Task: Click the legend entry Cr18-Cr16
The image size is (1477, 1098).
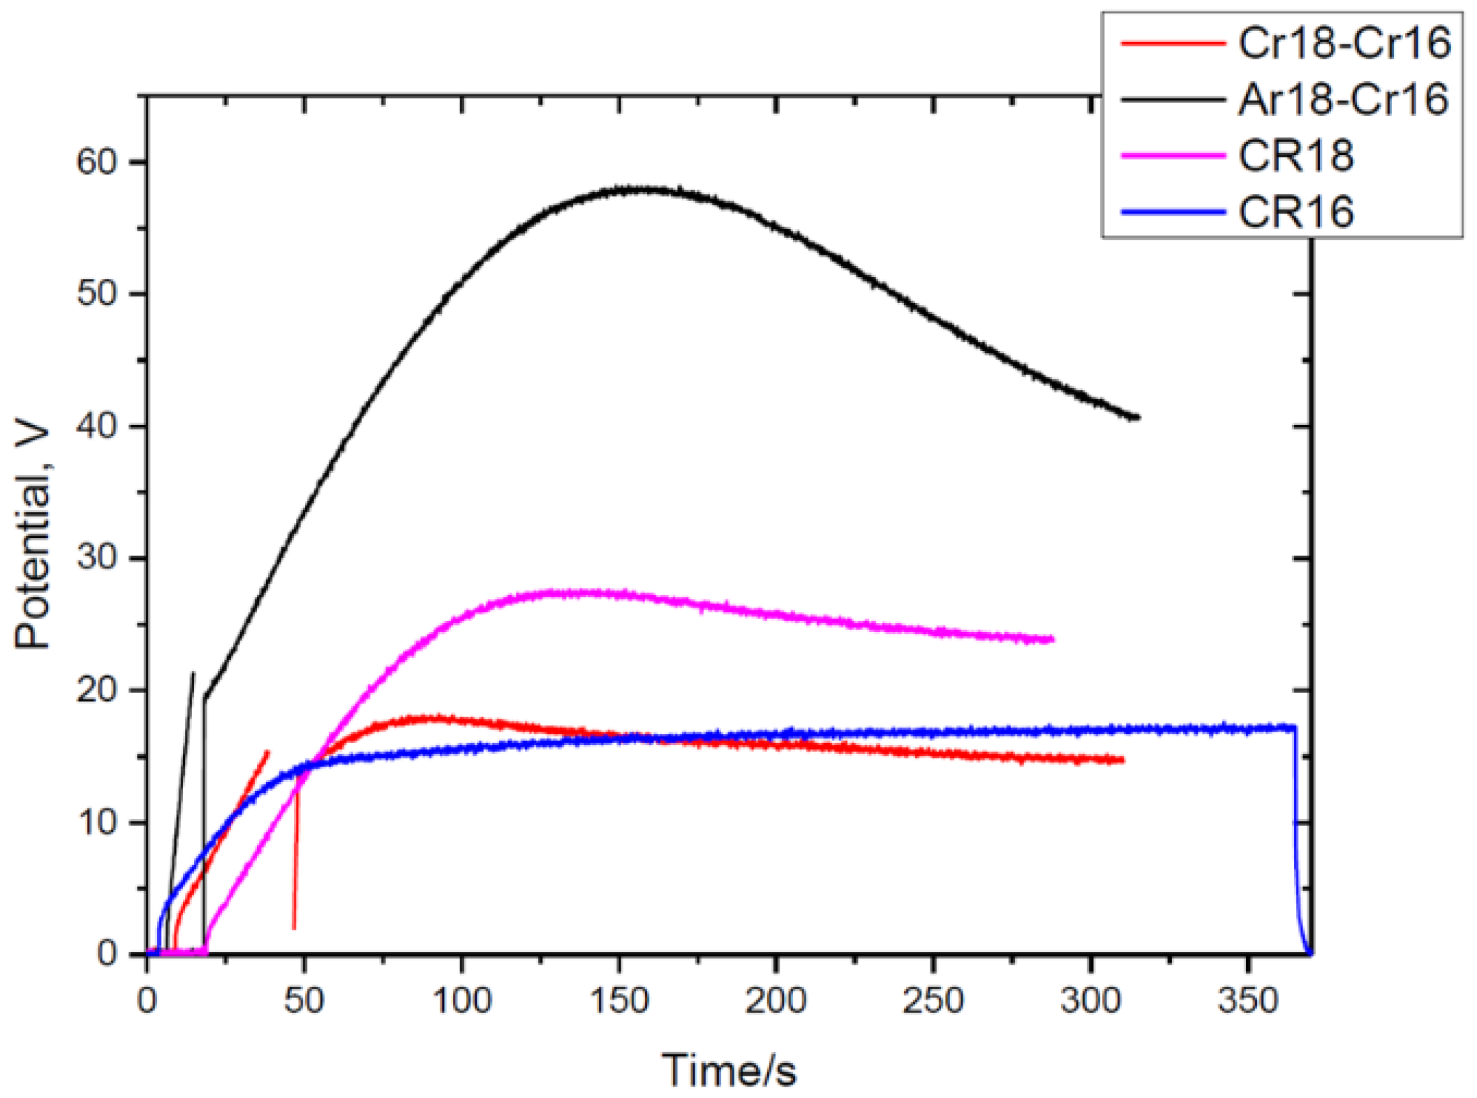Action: coord(1344,43)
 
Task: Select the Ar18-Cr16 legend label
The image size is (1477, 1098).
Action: coord(1344,100)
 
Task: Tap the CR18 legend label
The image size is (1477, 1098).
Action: coord(1296,156)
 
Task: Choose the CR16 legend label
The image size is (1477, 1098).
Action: coord(1296,212)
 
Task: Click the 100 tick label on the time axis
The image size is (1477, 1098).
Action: coord(462,1001)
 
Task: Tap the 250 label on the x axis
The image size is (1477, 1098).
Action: coord(933,1001)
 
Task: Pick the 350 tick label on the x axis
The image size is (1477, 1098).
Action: coord(1247,1001)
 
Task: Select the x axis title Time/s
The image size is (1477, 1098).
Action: coord(729,1070)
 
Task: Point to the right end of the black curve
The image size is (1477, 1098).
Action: coord(1137,418)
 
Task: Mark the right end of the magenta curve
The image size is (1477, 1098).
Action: coord(1052,639)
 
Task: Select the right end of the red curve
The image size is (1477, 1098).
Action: coord(1122,760)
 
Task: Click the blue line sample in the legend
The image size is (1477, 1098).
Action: coord(1172,212)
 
